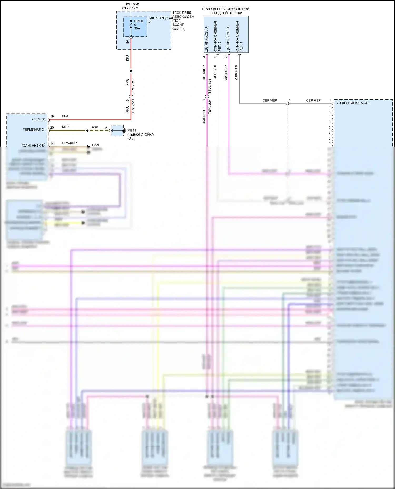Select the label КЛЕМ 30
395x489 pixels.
click(x=38, y=119)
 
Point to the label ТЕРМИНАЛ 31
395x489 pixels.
click(x=34, y=130)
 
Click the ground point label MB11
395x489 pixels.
click(x=132, y=130)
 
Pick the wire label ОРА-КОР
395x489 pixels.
click(x=69, y=143)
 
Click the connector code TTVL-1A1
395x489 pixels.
click(x=133, y=86)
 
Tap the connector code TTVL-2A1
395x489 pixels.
click(x=133, y=106)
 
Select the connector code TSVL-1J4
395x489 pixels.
click(x=210, y=86)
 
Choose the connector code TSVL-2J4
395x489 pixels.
click(x=210, y=106)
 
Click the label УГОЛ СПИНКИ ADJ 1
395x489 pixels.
click(x=353, y=103)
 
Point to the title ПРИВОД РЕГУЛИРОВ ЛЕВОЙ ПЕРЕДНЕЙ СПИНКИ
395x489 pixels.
click(x=226, y=11)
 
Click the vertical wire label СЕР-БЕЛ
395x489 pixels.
click(x=215, y=72)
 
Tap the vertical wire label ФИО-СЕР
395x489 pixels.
click(x=226, y=73)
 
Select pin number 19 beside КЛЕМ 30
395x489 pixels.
click(x=52, y=116)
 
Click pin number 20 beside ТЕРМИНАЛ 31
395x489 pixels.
click(x=52, y=128)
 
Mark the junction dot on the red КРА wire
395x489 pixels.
click(x=131, y=71)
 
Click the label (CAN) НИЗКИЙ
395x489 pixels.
click(x=33, y=145)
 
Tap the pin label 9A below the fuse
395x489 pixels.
click(x=127, y=42)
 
